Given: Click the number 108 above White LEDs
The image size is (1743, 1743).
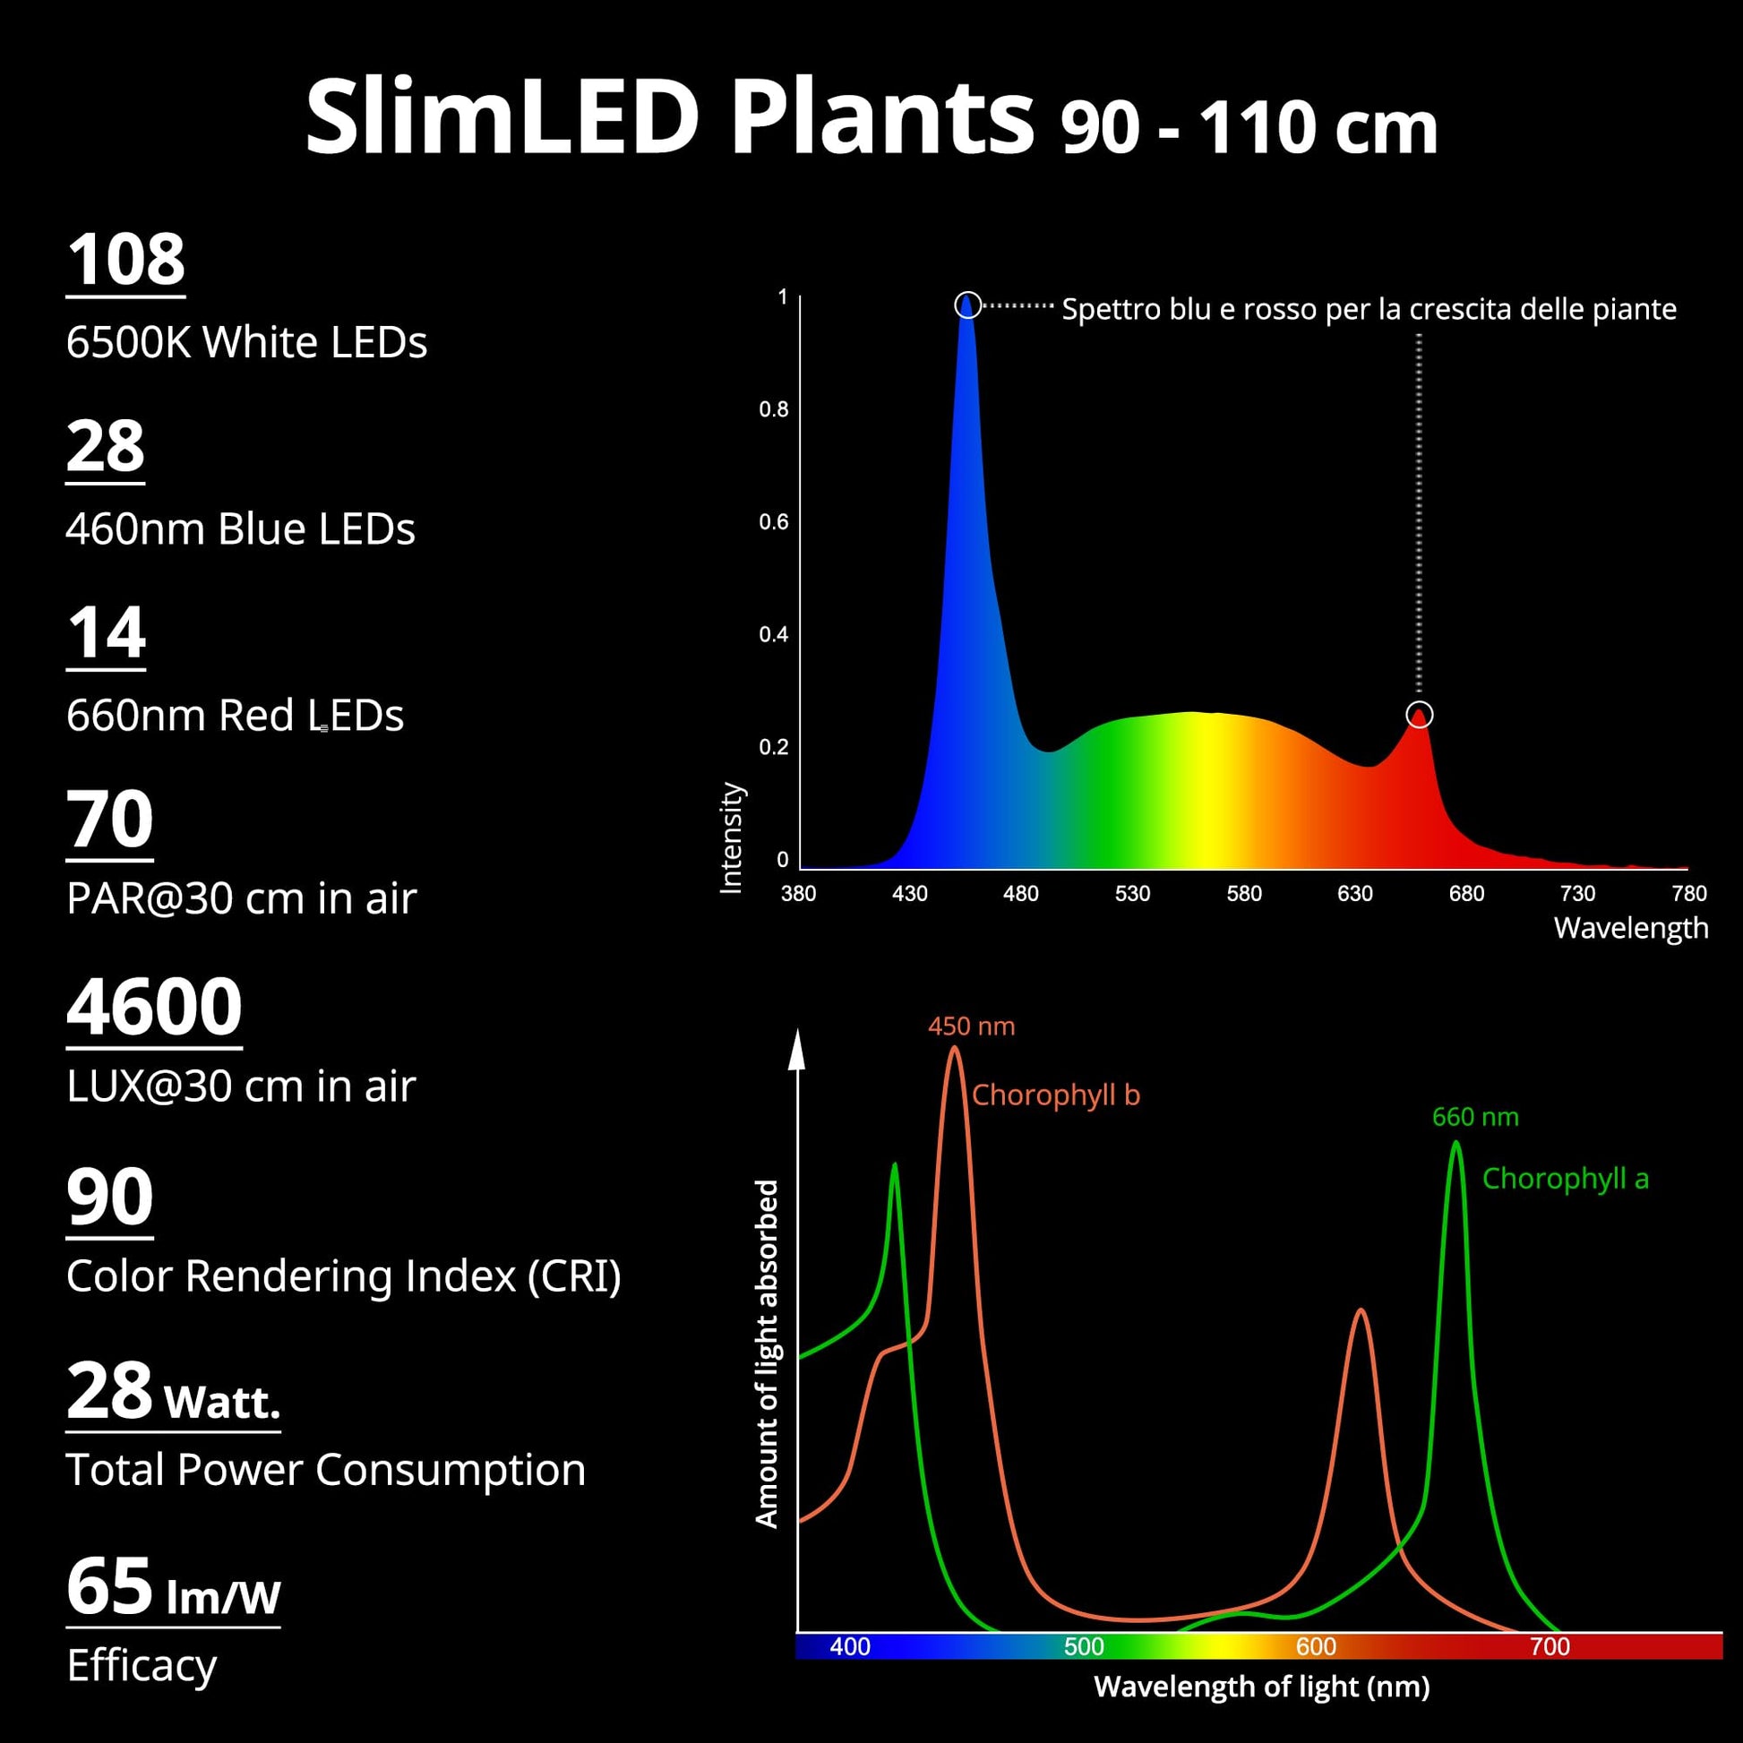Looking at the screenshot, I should click(x=125, y=260).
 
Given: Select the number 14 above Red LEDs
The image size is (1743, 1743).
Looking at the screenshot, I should click(x=106, y=633).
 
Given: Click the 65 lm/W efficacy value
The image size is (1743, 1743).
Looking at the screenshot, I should click(x=173, y=1588).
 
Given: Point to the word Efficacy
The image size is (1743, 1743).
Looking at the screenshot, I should click(x=142, y=1665).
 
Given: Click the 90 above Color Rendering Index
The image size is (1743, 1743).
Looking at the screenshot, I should click(x=109, y=1198).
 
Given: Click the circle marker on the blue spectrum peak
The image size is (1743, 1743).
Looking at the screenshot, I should click(x=967, y=305).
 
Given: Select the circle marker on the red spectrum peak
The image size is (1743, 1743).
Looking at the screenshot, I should click(x=1419, y=715).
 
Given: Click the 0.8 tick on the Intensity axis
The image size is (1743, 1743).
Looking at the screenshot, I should click(x=773, y=409).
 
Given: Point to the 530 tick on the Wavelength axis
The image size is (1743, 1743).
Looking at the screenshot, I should click(x=1132, y=893).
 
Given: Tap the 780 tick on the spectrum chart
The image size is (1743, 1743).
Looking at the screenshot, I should click(x=1689, y=893).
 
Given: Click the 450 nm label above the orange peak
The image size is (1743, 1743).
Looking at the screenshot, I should click(x=971, y=1026).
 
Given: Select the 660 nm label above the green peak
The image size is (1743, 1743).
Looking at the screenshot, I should click(x=1475, y=1117).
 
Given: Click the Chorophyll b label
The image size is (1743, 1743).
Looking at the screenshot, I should click(x=1055, y=1095).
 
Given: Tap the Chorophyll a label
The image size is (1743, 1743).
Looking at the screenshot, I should click(x=1566, y=1178).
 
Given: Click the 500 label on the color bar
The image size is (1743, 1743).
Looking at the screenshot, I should click(x=1084, y=1646).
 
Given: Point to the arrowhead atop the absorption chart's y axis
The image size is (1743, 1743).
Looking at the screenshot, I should click(x=796, y=1049).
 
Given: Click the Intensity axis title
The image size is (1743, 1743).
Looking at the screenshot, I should click(x=731, y=837).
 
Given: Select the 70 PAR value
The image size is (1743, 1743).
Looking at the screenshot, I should click(x=109, y=820).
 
